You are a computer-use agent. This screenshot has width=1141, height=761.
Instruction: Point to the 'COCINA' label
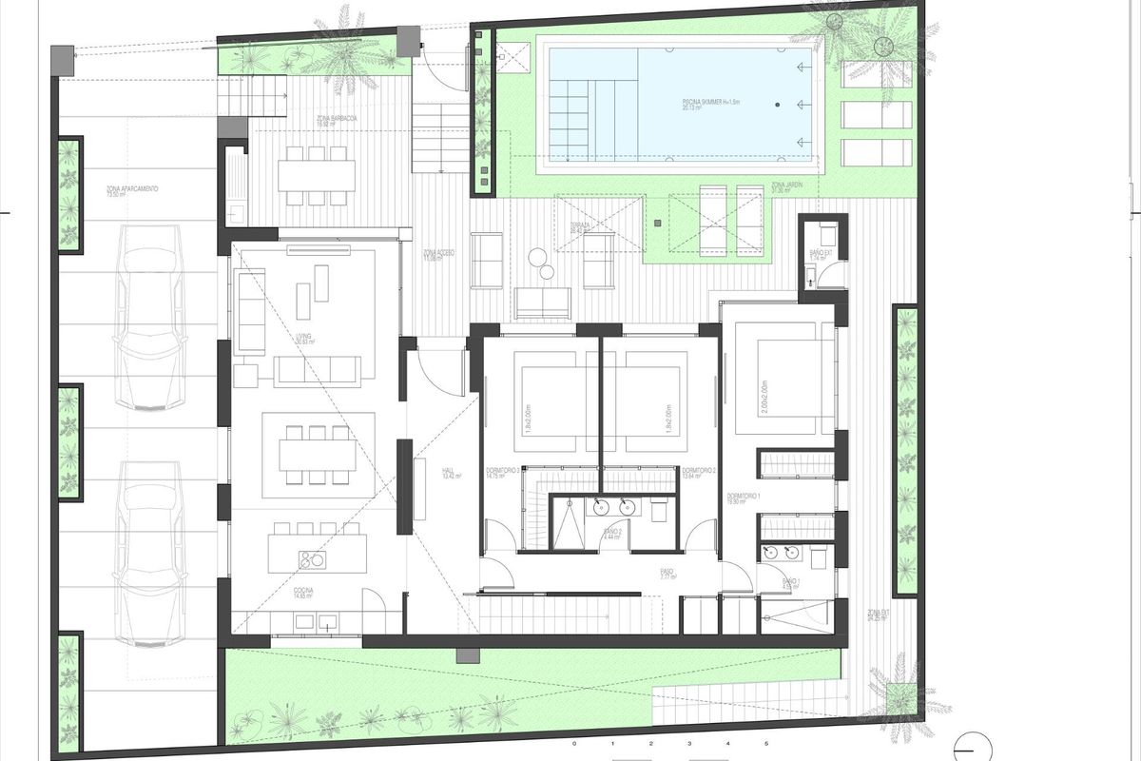click(x=303, y=594)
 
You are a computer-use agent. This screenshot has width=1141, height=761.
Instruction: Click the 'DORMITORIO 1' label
click(x=742, y=500)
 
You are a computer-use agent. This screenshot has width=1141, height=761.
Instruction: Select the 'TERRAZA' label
click(x=580, y=227)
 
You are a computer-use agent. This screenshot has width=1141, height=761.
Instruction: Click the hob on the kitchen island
click(x=312, y=558)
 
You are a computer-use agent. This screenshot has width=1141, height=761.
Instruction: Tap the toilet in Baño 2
click(x=659, y=509)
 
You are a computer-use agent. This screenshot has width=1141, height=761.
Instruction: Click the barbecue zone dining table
click(x=317, y=175)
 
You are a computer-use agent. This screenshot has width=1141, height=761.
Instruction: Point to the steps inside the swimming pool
click(x=581, y=121)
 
